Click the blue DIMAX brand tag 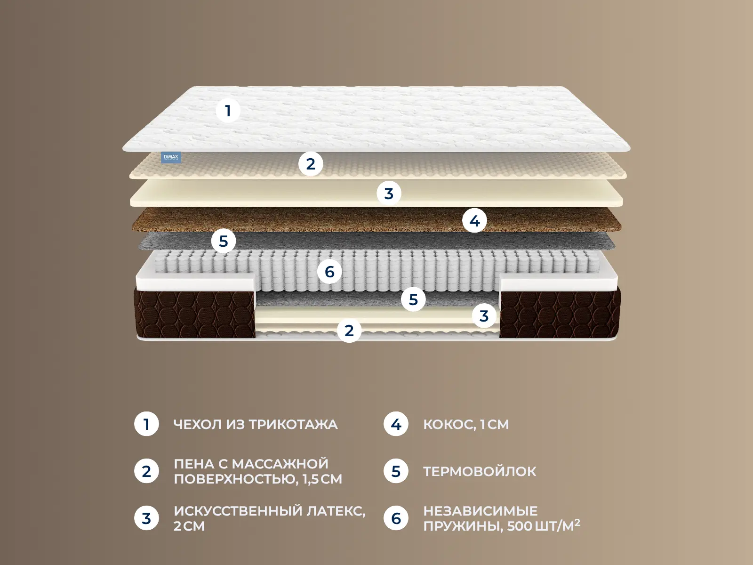tap(171, 157)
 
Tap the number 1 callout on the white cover tap(228, 111)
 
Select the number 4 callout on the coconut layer tap(474, 220)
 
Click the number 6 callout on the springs tap(329, 272)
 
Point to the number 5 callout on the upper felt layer tap(224, 241)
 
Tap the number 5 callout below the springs tap(413, 299)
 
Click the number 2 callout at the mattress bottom tap(349, 331)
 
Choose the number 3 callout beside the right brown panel tap(484, 315)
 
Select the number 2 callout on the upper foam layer tap(311, 164)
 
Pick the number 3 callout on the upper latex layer tap(389, 193)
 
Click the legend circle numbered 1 tap(146, 424)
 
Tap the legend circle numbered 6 tap(396, 518)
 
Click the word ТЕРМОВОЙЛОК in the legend tap(480, 471)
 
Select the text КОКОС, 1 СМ tap(466, 425)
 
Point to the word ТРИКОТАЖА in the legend tap(293, 424)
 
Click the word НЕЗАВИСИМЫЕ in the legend tap(481, 511)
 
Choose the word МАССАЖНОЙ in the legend tap(280, 464)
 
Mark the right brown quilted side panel tap(560, 314)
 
